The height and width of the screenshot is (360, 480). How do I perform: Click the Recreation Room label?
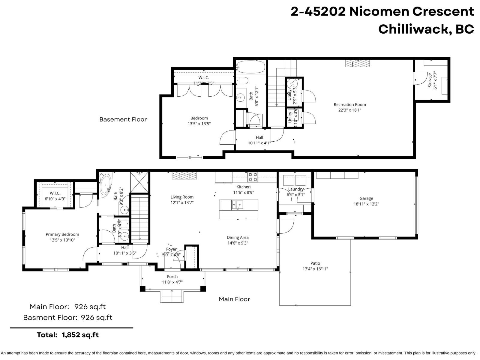(349, 104)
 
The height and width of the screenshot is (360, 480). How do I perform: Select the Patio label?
(315, 263)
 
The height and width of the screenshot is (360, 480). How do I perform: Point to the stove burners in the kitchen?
(253, 177)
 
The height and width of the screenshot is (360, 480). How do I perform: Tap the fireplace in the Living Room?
(184, 175)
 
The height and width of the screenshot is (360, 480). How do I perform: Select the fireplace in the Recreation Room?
(358, 63)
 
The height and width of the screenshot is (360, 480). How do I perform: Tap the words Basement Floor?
(123, 119)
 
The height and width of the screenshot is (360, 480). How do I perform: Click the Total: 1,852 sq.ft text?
(67, 335)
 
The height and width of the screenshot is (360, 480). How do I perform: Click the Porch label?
(172, 276)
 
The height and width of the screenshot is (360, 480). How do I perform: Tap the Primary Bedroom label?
(62, 234)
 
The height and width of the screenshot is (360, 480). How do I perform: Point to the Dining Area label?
(237, 238)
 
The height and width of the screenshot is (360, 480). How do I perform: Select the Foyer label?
(171, 249)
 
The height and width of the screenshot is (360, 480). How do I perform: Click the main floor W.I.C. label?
(55, 193)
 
